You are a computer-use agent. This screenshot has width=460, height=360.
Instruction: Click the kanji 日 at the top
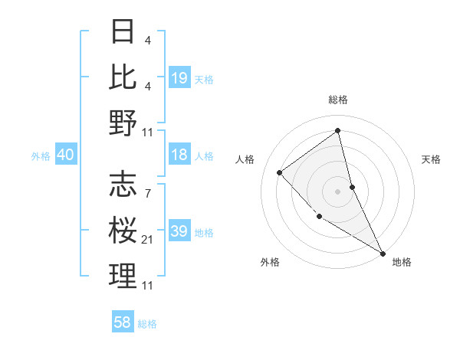click(x=123, y=32)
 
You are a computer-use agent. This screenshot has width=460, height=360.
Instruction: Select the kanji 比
click(x=123, y=77)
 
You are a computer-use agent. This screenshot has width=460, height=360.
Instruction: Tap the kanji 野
click(x=123, y=122)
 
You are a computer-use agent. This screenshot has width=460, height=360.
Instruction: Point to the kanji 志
click(x=123, y=185)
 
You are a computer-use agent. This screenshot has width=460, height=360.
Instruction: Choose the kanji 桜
click(x=123, y=231)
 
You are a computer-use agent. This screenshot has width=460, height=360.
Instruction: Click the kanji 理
click(x=123, y=276)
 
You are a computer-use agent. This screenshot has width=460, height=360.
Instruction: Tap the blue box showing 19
click(x=179, y=77)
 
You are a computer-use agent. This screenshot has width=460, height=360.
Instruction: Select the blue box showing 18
click(x=179, y=155)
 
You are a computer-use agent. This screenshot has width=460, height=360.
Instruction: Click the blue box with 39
click(x=179, y=231)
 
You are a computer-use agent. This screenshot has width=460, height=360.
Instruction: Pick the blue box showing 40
click(x=65, y=155)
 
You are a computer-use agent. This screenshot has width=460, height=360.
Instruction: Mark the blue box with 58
click(x=123, y=322)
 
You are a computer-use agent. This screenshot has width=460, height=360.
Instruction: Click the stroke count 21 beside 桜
click(x=148, y=240)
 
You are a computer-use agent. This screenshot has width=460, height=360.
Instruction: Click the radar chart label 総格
click(x=338, y=100)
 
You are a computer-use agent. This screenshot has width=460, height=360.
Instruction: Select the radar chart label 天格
click(x=432, y=159)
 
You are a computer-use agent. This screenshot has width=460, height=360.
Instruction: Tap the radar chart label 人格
click(x=245, y=159)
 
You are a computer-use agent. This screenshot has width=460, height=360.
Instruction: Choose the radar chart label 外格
click(x=270, y=262)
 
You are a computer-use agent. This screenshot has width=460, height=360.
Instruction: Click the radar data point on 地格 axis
click(x=383, y=252)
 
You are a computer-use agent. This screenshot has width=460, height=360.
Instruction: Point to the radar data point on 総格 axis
click(x=338, y=129)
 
